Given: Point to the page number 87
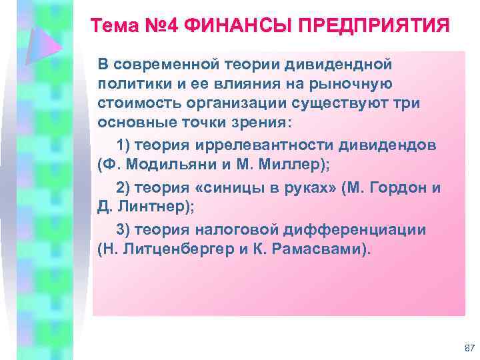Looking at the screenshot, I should pos(468,348).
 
